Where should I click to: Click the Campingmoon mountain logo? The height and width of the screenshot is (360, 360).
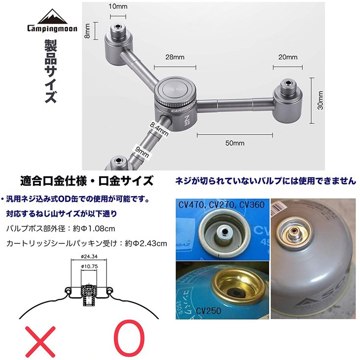pos(52,20)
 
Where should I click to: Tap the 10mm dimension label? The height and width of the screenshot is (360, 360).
pos(118,6)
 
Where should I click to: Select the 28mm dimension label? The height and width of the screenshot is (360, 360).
pos(175,57)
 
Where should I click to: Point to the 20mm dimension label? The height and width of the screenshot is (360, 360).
pos(288,57)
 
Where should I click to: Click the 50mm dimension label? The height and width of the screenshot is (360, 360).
pos(235,143)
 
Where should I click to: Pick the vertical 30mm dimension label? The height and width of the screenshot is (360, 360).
pos(321,100)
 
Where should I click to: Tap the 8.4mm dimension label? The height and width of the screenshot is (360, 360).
pos(159,129)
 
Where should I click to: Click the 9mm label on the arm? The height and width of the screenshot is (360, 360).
pos(142,152)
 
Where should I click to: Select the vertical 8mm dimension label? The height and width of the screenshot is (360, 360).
pos(87,31)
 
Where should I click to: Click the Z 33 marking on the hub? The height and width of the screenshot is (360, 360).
pos(187,120)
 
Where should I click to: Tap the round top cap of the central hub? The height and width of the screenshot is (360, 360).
pos(176,89)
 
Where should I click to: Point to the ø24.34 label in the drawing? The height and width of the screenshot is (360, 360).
pos(89,256)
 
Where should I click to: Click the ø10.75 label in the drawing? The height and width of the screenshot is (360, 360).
pos(89,266)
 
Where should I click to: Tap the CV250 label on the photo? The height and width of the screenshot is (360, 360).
pos(209,311)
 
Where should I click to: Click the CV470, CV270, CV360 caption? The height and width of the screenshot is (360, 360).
pos(221,204)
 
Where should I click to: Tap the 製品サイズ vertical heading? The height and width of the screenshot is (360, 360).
pos(50,72)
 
